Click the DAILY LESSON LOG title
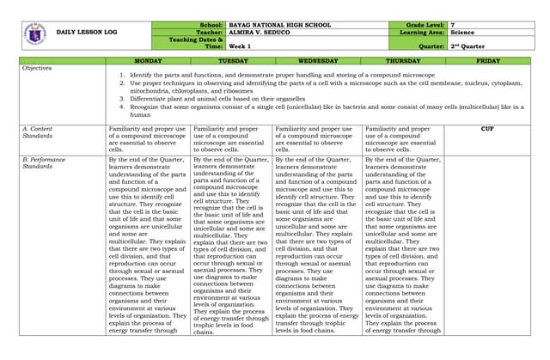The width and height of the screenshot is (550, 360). (86, 32)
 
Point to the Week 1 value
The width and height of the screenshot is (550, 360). (240, 46)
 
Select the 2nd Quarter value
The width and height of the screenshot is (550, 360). (469, 46)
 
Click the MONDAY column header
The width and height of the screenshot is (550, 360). (148, 61)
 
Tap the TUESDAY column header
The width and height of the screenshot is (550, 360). (232, 61)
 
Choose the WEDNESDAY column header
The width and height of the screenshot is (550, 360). (317, 61)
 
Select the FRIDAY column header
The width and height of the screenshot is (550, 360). (487, 61)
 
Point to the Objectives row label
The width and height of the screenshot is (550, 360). (37, 68)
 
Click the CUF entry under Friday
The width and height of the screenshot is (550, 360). (487, 128)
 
